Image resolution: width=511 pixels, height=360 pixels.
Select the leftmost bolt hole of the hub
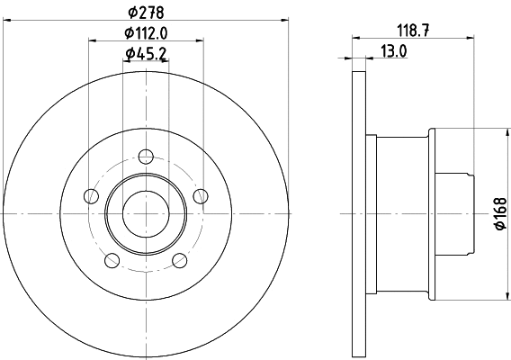[90, 196]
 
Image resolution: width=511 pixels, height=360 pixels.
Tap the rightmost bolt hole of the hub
[202, 196]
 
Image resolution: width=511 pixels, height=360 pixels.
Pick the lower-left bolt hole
[112, 261]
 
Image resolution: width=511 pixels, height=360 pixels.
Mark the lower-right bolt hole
[180, 261]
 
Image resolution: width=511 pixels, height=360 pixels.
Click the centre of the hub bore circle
[146, 213]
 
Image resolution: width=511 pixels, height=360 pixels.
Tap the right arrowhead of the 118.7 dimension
[471, 38]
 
